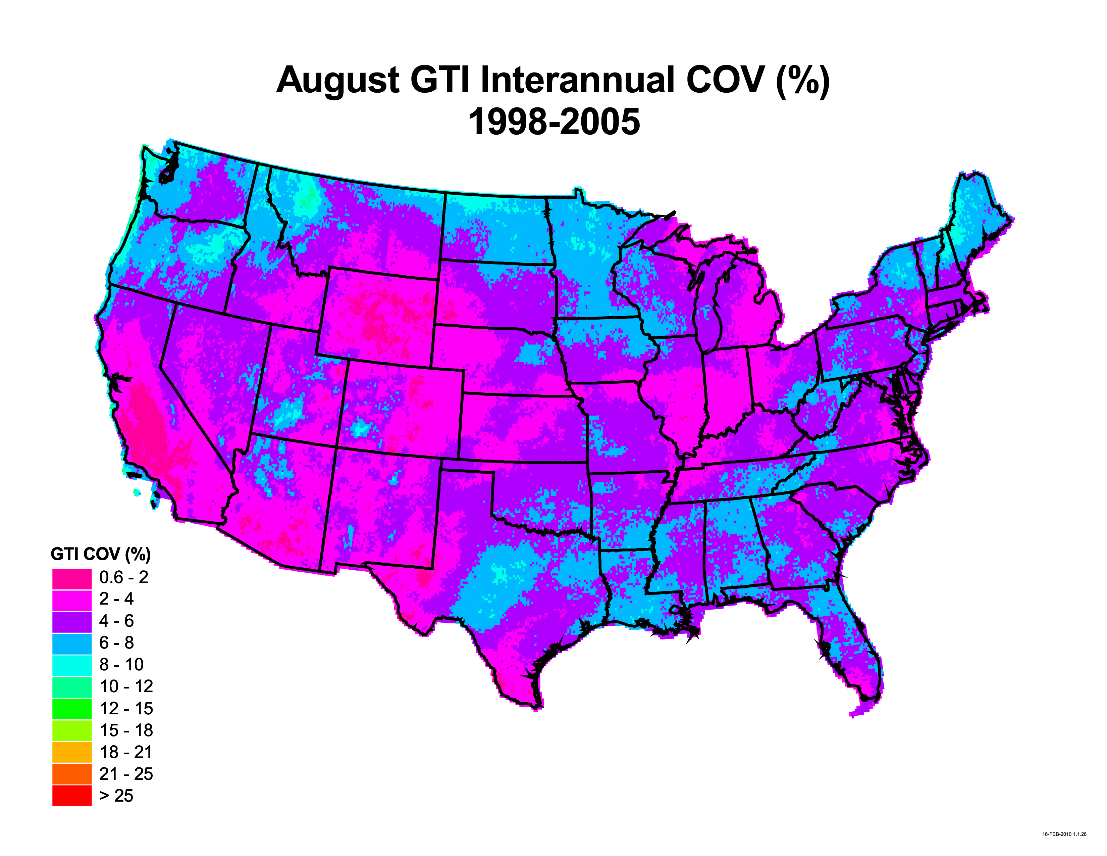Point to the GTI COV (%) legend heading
tap(100, 554)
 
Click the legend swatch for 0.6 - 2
tap(71, 578)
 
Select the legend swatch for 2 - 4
tap(71, 600)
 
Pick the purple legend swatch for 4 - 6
tap(71, 622)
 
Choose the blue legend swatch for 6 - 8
tap(71, 644)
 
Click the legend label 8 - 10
tap(121, 664)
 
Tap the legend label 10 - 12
tap(126, 686)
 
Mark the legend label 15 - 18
tap(126, 730)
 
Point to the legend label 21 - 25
tap(126, 774)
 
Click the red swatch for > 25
tap(71, 796)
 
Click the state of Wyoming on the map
tap(378, 315)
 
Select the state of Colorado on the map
tap(403, 406)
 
